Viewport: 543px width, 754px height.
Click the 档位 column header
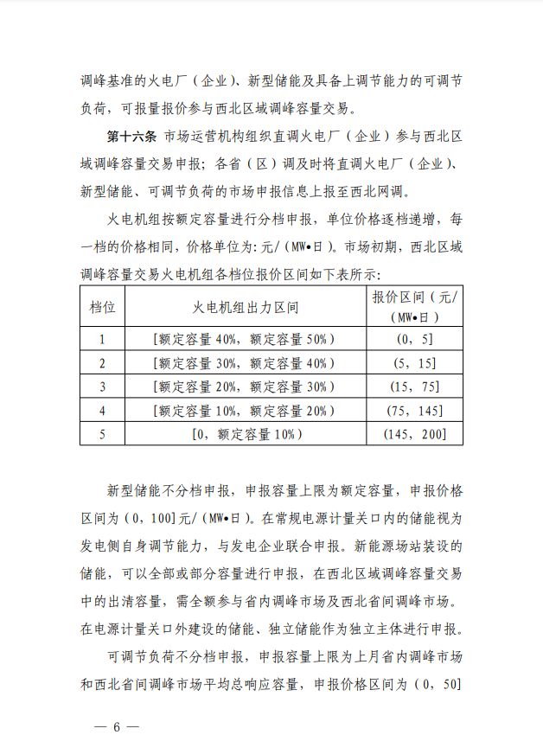pos(102,307)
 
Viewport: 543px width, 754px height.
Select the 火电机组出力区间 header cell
pos(245,307)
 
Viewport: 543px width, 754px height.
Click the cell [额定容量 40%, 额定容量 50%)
pos(245,339)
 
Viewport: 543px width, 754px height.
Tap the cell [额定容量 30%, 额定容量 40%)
pos(245,363)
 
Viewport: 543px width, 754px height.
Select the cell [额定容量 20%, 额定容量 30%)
pos(245,387)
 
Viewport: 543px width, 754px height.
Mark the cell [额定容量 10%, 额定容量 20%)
pos(245,411)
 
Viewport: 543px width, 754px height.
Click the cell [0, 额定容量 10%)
pos(245,434)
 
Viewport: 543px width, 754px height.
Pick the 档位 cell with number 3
pos(102,387)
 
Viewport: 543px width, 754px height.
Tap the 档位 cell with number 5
pos(102,434)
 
